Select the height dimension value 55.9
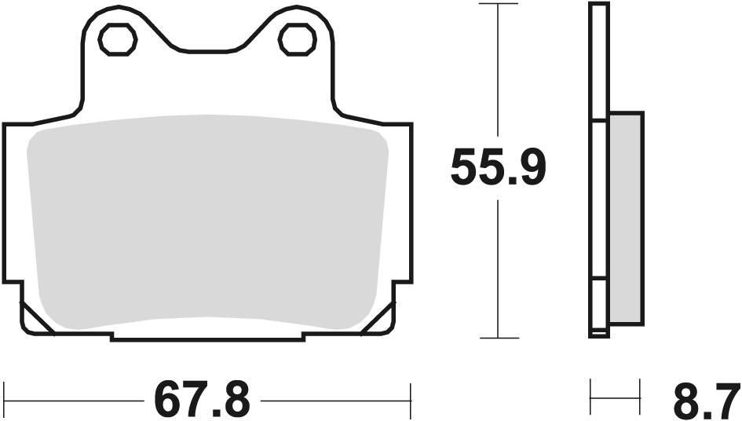point(498,168)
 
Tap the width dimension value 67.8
point(202,399)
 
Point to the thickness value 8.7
point(706,401)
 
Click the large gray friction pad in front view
point(208,224)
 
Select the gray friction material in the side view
point(626,218)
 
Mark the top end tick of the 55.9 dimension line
point(499,3)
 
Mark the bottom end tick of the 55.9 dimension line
point(499,339)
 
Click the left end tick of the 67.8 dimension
point(5,400)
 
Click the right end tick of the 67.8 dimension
point(411,400)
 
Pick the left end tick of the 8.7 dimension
point(590,400)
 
